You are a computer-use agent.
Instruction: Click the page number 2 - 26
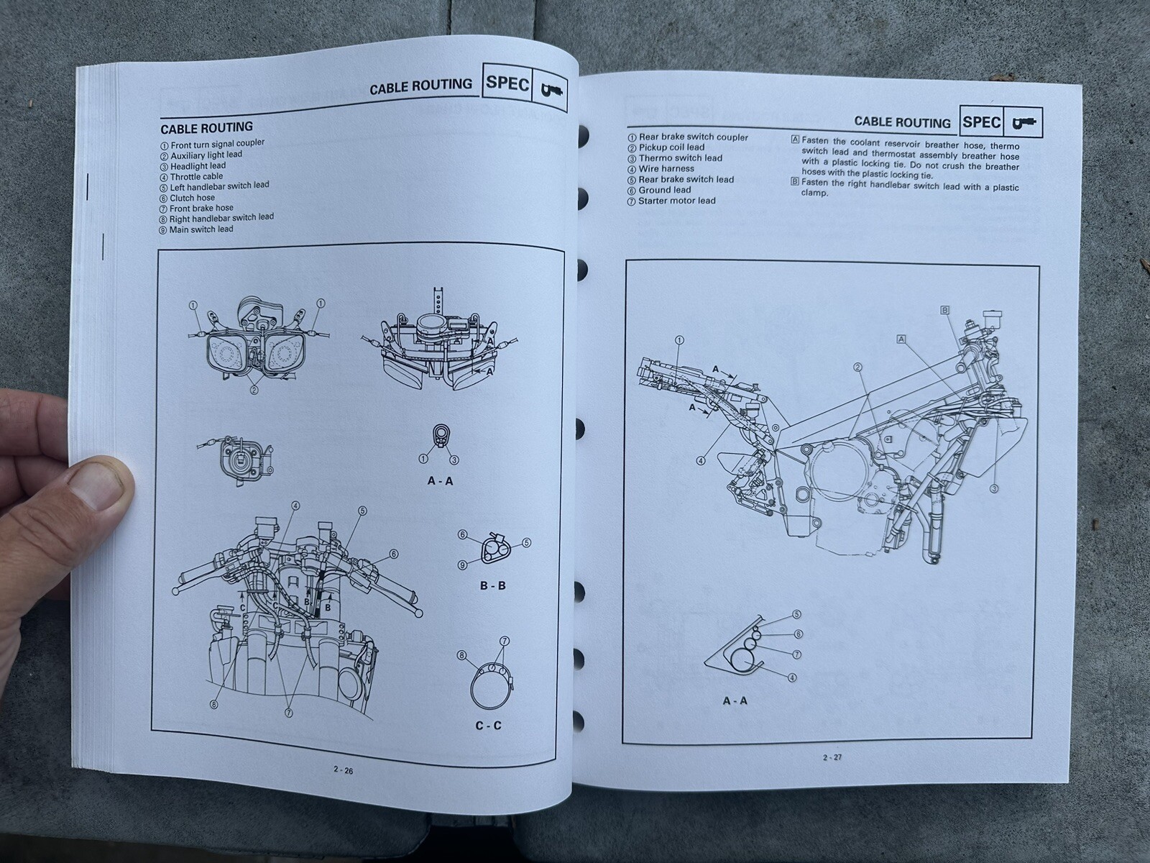(343, 769)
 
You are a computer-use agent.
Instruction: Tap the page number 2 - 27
(833, 757)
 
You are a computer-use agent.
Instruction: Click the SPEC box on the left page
(507, 83)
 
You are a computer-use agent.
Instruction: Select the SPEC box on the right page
(982, 122)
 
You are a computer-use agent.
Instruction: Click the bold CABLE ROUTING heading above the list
(206, 127)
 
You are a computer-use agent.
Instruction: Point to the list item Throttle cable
(196, 176)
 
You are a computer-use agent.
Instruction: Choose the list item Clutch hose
(192, 198)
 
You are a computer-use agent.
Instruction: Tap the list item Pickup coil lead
(671, 147)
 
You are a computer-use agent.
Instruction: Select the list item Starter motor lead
(676, 201)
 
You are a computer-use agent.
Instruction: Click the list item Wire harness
(666, 169)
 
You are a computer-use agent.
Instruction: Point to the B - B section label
(492, 585)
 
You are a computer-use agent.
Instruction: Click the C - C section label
(489, 726)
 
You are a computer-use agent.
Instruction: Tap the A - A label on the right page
(735, 700)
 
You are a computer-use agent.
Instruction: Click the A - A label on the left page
(440, 481)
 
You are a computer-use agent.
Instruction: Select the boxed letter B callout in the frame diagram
(945, 310)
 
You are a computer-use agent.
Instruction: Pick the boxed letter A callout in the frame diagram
(901, 338)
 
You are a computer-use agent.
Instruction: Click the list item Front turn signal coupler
(207, 143)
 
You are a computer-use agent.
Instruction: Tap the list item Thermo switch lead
(680, 158)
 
